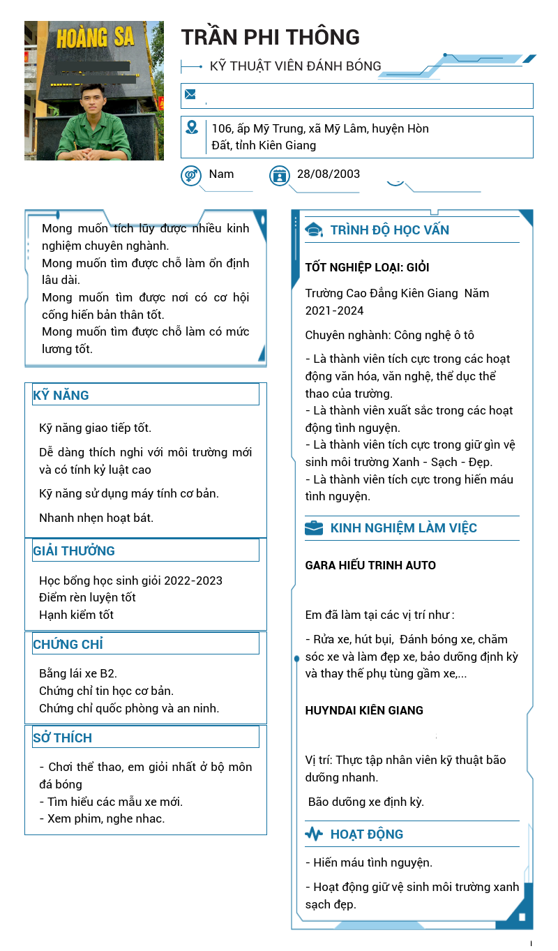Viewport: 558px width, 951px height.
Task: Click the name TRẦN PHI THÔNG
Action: pos(271,37)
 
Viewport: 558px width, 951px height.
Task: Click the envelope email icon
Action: pos(190,94)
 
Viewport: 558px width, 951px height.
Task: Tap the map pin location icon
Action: pos(192,127)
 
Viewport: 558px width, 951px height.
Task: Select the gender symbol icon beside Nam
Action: pos(190,175)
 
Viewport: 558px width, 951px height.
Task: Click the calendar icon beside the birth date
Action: pos(279,175)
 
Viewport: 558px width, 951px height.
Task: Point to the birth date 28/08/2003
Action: pos(329,174)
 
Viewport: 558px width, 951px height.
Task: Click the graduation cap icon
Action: pos(314,230)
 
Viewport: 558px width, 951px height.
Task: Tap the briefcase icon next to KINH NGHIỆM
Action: pos(314,527)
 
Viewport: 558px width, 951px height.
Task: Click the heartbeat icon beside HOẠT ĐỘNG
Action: pos(314,834)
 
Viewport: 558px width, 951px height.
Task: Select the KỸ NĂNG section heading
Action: pos(61,395)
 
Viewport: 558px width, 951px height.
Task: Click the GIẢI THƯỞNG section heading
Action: pos(74,551)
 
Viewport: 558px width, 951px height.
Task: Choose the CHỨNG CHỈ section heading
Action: pos(68,644)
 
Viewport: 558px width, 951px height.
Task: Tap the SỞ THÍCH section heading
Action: pos(63,737)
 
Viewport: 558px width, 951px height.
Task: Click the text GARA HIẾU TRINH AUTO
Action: pos(370,565)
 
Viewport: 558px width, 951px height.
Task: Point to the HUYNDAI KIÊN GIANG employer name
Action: pos(364,710)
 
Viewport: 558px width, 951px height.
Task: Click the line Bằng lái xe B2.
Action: pos(78,673)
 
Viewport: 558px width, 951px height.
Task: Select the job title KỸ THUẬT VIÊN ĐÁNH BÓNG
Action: pos(296,66)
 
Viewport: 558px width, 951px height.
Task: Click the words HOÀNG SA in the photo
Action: pos(94,37)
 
